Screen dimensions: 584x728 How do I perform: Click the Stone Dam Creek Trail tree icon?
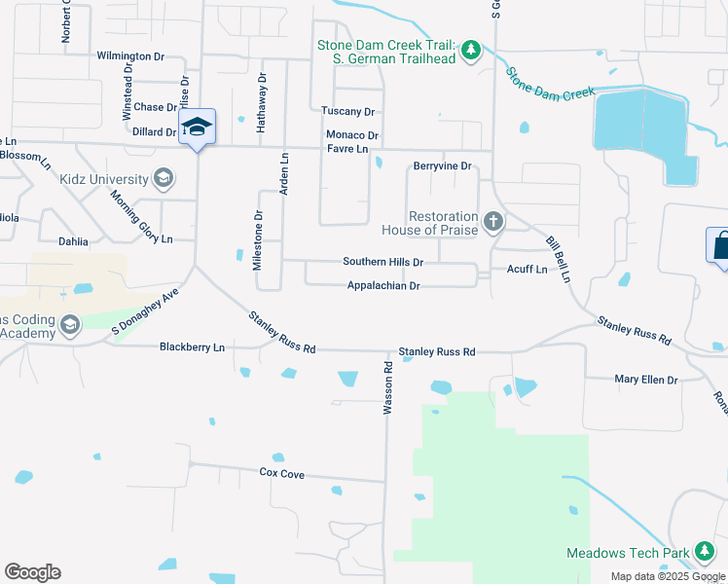point(471,50)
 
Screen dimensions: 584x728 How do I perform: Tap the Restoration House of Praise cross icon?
point(493,222)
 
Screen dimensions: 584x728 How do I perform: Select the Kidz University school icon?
point(164,178)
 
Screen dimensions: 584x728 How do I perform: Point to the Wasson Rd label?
point(387,389)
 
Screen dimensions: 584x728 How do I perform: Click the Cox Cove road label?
point(282,473)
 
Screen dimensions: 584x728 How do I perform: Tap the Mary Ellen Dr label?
point(645,380)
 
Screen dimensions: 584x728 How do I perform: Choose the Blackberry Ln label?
point(192,347)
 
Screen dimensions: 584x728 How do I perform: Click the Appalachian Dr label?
point(383,286)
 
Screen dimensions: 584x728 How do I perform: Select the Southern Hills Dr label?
point(383,263)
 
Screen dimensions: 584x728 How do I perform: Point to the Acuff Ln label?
point(527,269)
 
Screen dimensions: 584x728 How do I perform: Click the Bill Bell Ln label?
point(557,256)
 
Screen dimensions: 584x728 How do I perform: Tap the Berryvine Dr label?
point(442,166)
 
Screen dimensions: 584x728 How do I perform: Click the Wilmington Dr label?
point(137,56)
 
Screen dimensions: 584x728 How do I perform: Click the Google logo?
point(32,572)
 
